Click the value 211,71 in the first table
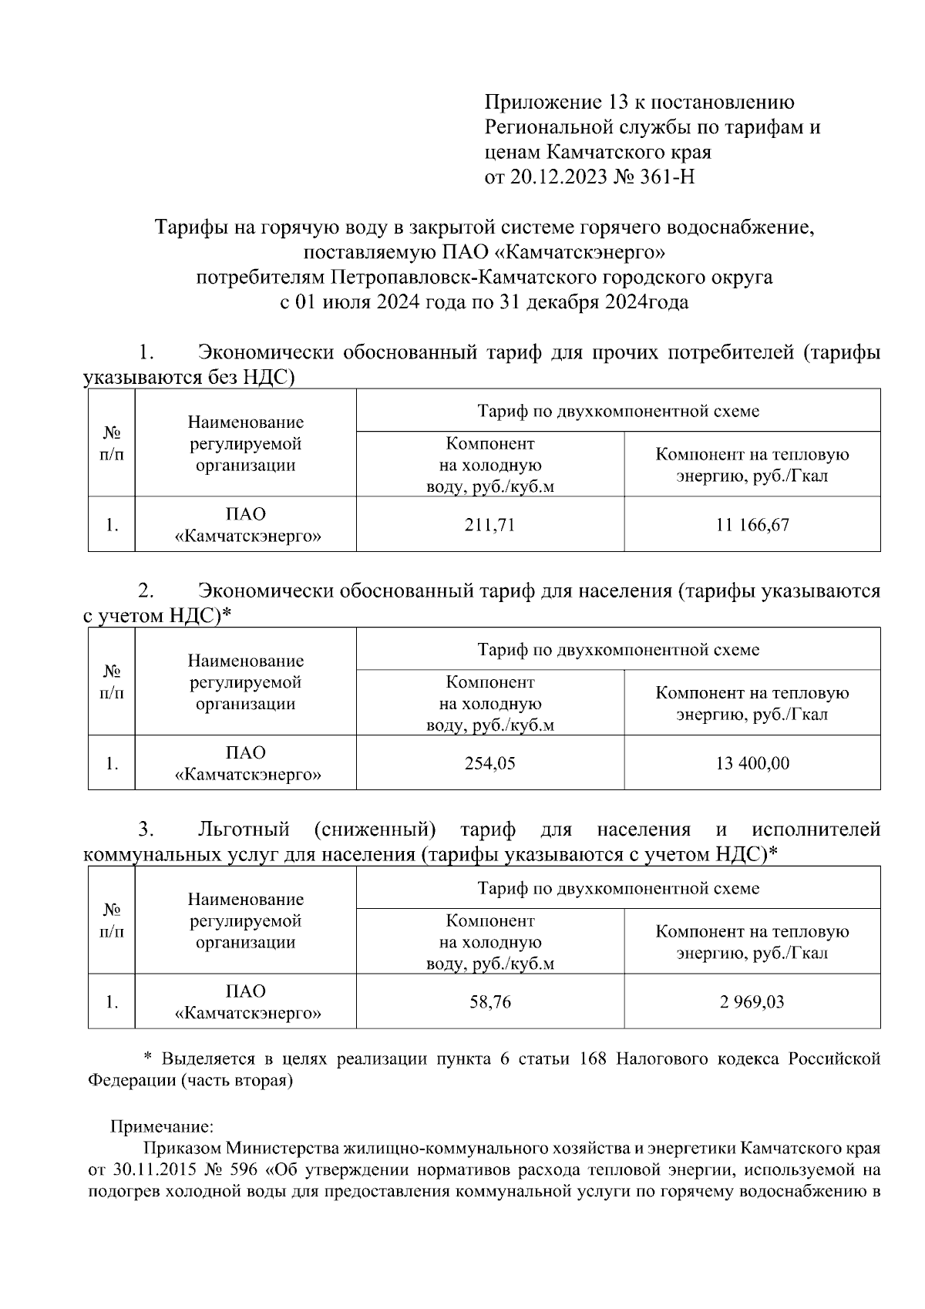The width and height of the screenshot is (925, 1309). click(x=489, y=525)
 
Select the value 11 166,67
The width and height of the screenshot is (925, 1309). click(x=752, y=525)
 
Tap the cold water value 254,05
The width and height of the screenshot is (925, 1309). click(x=489, y=763)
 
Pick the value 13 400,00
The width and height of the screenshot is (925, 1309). click(x=752, y=763)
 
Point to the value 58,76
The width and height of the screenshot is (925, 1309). click(x=489, y=1001)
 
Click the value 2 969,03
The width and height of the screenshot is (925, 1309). click(x=752, y=1001)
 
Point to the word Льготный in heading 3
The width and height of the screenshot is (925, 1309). click(x=244, y=829)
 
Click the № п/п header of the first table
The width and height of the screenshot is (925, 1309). click(x=112, y=443)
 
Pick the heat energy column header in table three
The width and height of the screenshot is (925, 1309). click(x=752, y=941)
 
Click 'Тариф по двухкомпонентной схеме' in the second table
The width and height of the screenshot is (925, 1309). click(x=618, y=649)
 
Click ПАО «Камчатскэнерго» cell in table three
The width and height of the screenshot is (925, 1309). click(x=246, y=1001)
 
